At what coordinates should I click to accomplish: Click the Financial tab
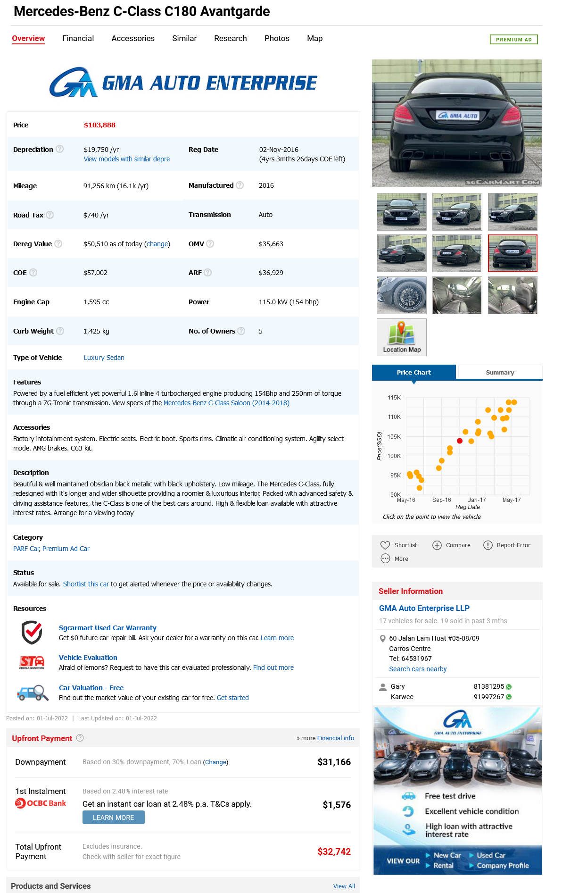click(78, 38)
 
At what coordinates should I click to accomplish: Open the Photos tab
click(277, 38)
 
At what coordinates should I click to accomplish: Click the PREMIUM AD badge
click(513, 40)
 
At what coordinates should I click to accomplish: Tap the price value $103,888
click(99, 125)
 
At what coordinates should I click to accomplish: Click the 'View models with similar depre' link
click(126, 159)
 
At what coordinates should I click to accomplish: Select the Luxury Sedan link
click(104, 358)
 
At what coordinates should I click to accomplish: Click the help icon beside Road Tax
click(50, 215)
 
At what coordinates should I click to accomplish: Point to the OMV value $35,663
click(271, 244)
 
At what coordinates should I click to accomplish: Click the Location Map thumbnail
click(402, 337)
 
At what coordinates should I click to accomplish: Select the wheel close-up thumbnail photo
click(402, 295)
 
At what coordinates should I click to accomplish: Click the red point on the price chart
click(460, 441)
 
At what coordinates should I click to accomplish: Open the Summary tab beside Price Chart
click(500, 372)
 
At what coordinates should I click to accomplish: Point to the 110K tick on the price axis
click(394, 417)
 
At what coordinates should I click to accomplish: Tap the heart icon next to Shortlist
click(385, 545)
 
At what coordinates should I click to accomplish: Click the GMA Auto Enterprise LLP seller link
click(424, 608)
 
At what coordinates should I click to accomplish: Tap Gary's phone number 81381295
click(488, 686)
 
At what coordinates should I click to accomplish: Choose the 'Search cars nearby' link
click(418, 669)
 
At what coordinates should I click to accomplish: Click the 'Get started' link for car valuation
click(232, 698)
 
